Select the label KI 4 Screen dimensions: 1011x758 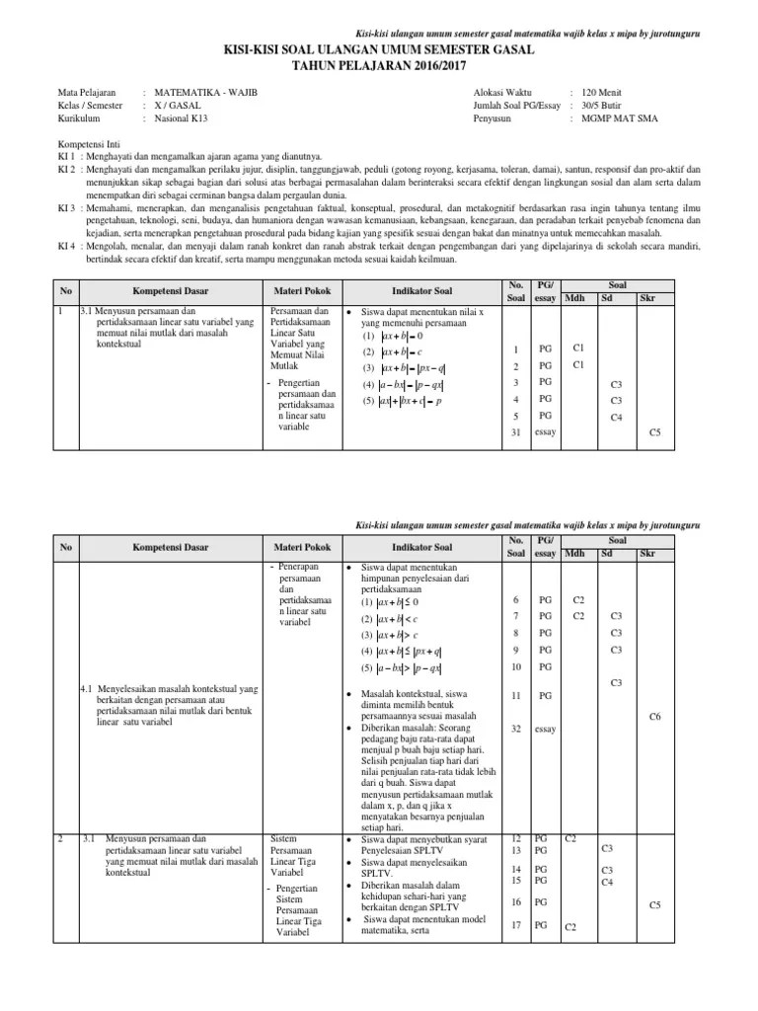click(66, 246)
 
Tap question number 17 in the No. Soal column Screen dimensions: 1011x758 click(515, 925)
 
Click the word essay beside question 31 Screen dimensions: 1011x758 click(545, 432)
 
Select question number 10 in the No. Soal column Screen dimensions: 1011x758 click(515, 666)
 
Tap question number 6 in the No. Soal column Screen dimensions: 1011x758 click(515, 599)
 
